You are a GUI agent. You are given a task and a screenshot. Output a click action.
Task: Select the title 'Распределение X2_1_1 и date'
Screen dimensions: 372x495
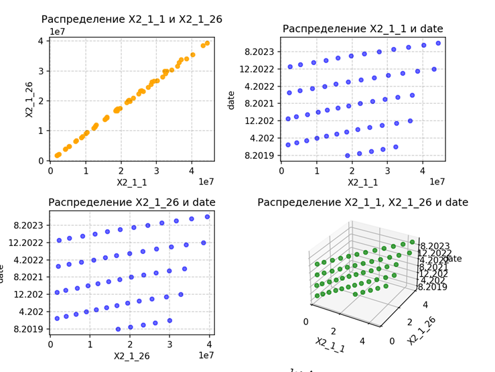(x=362, y=29)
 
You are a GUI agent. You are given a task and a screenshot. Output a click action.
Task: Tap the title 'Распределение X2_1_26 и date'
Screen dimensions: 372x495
(x=131, y=202)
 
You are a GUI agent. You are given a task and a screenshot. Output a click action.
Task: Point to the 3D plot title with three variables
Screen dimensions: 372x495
(x=362, y=202)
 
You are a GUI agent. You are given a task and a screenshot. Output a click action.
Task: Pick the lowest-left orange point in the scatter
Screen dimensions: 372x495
(x=57, y=156)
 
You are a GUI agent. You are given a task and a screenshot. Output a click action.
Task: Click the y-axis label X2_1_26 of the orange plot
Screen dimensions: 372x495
(x=29, y=99)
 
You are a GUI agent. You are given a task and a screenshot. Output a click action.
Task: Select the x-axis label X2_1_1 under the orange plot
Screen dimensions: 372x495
(x=131, y=182)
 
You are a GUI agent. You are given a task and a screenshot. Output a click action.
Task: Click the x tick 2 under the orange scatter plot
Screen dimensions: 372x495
(x=121, y=170)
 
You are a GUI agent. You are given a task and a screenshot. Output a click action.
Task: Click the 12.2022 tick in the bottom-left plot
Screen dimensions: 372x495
(x=27, y=243)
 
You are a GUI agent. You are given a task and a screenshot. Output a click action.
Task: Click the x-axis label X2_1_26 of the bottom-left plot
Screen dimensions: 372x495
(x=131, y=355)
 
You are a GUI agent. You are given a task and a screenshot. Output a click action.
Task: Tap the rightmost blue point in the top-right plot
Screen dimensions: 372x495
(x=438, y=43)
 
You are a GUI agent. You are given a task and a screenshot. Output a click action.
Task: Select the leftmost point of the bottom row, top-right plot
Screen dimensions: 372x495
(x=348, y=156)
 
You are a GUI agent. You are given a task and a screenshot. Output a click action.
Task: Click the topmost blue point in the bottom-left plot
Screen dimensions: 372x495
(x=207, y=216)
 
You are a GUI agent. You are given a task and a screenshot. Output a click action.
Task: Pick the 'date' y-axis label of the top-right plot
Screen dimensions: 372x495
(x=231, y=99)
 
